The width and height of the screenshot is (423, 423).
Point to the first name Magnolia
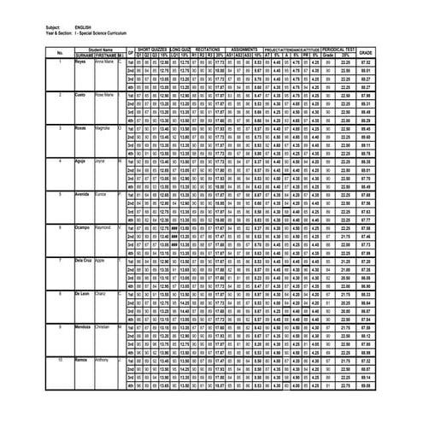pyautogui.click(x=103, y=127)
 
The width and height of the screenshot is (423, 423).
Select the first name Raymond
pyautogui.click(x=104, y=226)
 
